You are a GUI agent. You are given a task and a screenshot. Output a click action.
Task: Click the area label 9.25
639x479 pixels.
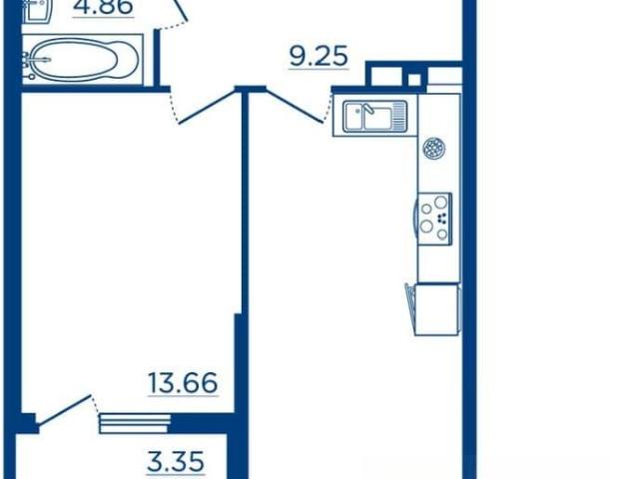(x=319, y=56)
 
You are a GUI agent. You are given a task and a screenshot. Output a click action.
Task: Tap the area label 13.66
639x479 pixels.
(x=183, y=383)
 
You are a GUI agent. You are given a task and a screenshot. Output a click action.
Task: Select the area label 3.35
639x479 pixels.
(x=176, y=461)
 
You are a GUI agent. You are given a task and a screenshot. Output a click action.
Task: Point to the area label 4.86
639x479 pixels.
(x=103, y=6)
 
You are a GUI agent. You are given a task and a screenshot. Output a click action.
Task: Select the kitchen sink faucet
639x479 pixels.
(x=368, y=109)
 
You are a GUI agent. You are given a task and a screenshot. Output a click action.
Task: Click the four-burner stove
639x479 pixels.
(x=434, y=219)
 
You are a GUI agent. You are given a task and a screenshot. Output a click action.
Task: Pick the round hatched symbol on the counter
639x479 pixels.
(x=434, y=148)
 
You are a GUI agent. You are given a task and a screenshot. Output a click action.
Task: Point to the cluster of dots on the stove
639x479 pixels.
(x=441, y=219)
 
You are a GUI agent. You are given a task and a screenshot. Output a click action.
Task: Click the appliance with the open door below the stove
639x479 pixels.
(x=432, y=309)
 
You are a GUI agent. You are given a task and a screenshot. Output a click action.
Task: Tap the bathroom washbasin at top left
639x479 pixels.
(x=37, y=11)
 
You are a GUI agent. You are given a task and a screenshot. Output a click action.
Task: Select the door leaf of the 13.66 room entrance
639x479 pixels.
(x=208, y=107)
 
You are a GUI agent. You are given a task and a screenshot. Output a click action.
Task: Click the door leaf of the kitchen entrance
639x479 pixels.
(x=295, y=106)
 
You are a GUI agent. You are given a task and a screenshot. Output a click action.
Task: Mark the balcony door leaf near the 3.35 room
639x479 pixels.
(x=63, y=410)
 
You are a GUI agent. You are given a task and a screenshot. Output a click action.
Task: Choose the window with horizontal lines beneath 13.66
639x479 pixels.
(x=135, y=423)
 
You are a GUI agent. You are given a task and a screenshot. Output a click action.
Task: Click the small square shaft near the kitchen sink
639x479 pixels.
(x=414, y=80)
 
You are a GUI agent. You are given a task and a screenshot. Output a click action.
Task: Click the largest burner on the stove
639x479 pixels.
(x=440, y=202)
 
